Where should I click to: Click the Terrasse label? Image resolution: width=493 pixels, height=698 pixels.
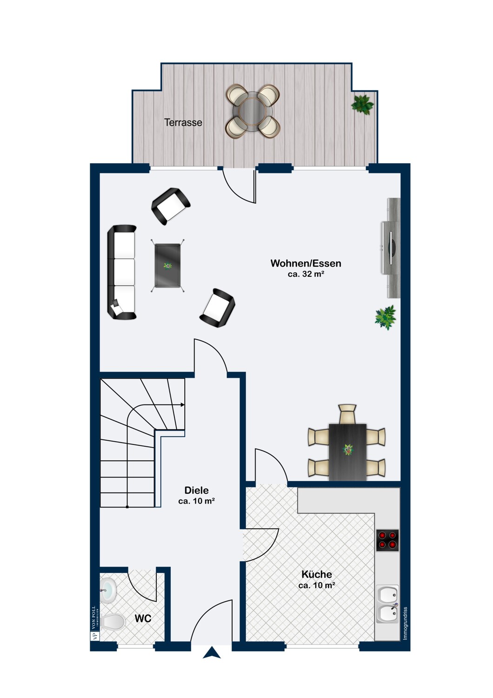pyautogui.click(x=183, y=122)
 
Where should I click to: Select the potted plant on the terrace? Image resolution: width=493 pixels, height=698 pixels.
pyautogui.click(x=362, y=105)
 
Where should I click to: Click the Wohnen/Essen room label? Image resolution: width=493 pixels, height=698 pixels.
pyautogui.click(x=306, y=263)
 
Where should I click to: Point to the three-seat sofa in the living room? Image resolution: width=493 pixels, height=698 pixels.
pyautogui.click(x=122, y=272)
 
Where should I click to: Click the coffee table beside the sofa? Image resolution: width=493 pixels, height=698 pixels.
pyautogui.click(x=167, y=266)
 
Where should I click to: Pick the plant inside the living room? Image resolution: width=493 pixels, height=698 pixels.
pyautogui.click(x=386, y=317)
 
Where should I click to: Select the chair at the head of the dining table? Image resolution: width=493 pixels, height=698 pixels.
pyautogui.click(x=347, y=414)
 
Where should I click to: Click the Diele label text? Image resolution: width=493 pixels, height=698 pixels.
pyautogui.click(x=197, y=490)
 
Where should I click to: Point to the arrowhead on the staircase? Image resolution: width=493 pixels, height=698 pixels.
pyautogui.click(x=182, y=405)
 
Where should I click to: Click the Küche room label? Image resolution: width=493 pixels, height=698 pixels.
pyautogui.click(x=317, y=574)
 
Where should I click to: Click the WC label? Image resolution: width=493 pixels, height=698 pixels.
pyautogui.click(x=143, y=618)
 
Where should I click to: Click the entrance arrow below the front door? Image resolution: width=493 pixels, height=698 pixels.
pyautogui.click(x=212, y=652)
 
